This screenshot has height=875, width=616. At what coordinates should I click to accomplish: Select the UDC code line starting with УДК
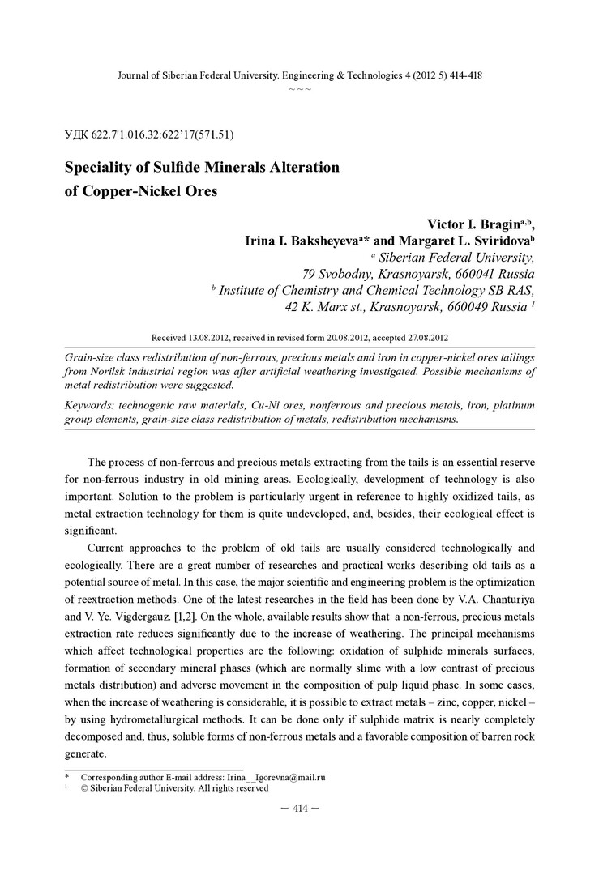[149, 134]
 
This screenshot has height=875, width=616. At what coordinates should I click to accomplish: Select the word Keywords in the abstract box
[92, 404]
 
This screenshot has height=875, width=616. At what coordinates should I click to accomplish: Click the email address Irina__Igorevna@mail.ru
[276, 776]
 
